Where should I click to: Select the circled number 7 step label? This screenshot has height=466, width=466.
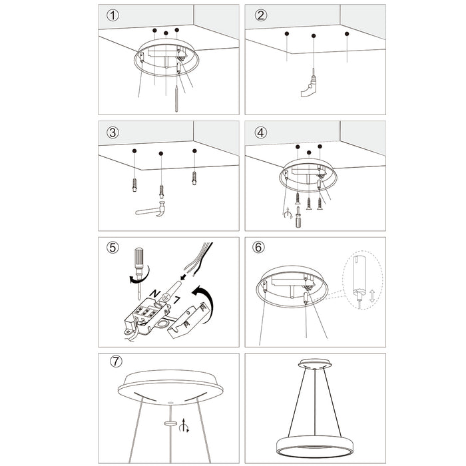(117, 362)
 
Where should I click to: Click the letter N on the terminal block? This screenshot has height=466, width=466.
(155, 293)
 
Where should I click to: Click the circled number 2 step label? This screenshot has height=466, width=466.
(260, 15)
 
